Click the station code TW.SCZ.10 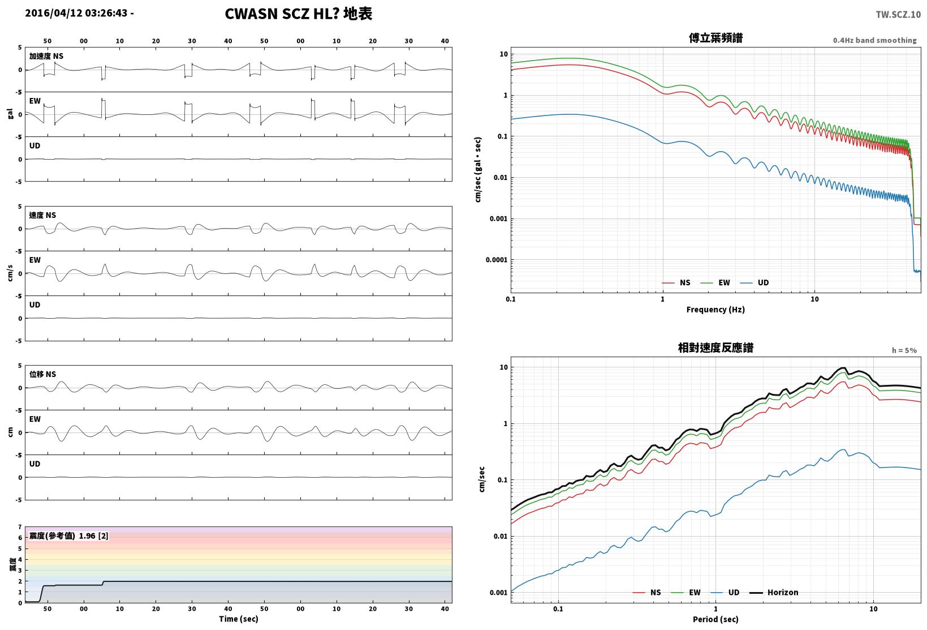pos(898,15)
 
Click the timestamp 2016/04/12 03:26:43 pos(76,13)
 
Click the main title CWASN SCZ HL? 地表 pos(299,14)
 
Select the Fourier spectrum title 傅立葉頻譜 pos(715,38)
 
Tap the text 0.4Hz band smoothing pos(874,40)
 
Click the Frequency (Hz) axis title pos(715,310)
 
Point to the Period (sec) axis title pos(715,619)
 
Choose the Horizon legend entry pos(774,592)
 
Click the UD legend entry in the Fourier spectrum pos(754,282)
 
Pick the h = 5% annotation pos(904,350)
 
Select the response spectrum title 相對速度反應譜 pos(715,348)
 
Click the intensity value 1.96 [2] pos(93,535)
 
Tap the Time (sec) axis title pos(238,619)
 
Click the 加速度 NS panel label pos(46,56)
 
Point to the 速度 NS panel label pos(42,215)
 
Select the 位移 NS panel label pos(42,374)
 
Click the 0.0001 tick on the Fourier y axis pos(496,260)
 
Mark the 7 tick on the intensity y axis pos(20,527)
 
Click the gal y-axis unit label pos(10,114)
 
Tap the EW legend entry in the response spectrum pos(685,592)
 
